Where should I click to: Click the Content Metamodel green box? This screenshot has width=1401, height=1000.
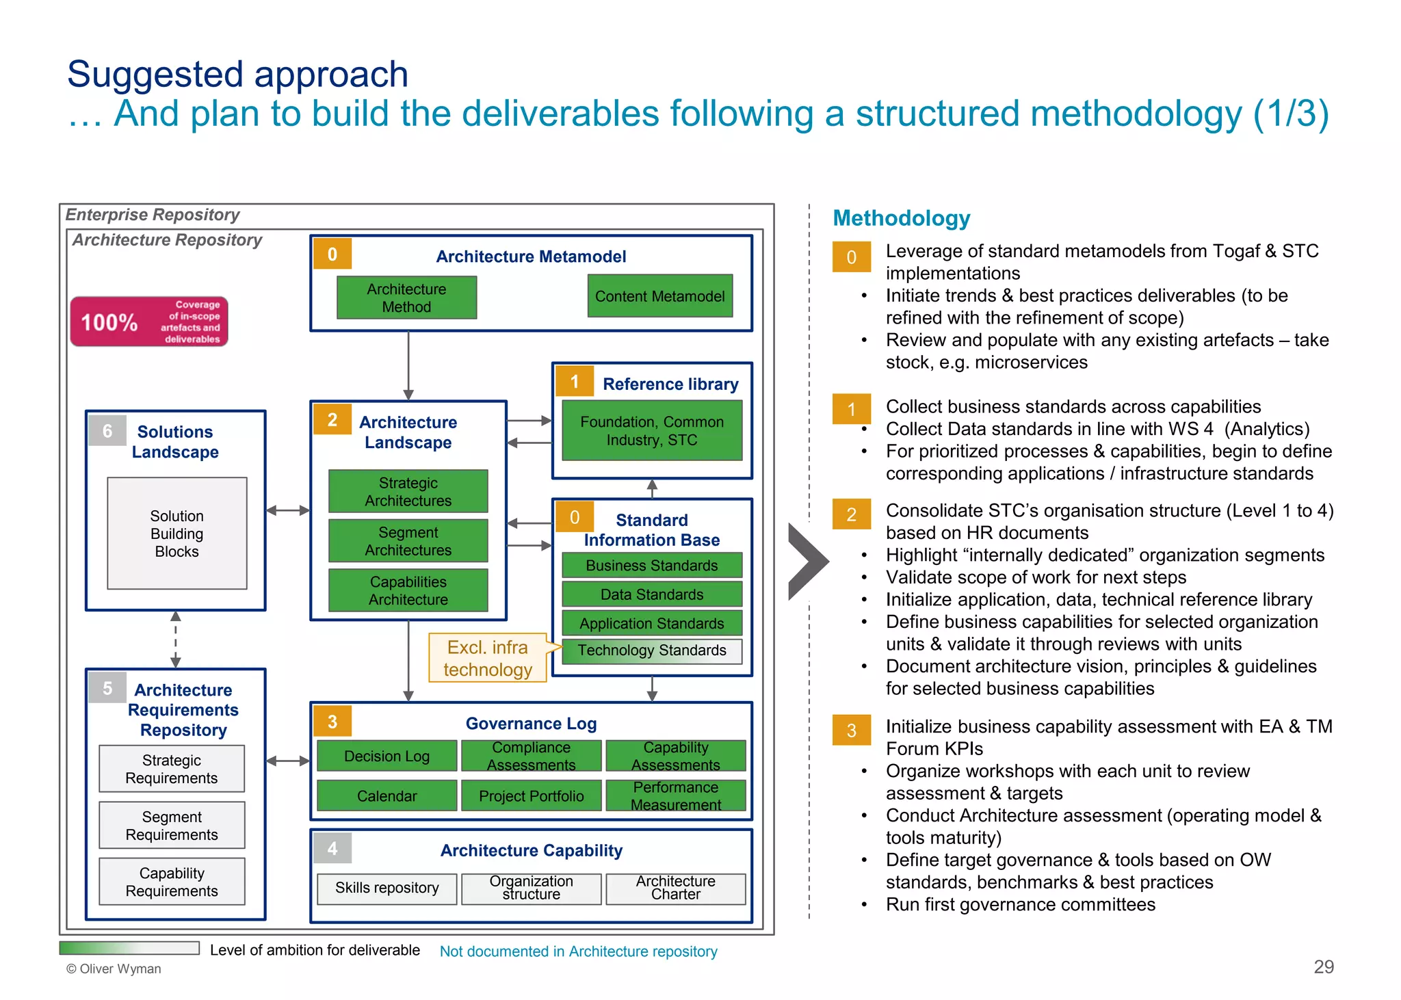pos(659,296)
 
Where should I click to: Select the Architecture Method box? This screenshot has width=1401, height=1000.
pos(406,298)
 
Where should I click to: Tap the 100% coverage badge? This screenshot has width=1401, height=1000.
pos(149,321)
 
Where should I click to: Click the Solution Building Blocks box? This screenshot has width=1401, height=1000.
pos(176,534)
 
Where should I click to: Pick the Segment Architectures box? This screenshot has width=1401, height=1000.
pos(408,541)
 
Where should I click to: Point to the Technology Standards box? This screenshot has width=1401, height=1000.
pos(651,650)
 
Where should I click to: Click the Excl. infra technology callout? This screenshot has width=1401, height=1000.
pos(487,658)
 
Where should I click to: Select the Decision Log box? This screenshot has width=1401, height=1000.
pos(387,756)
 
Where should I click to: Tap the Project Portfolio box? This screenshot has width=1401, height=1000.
pos(531,795)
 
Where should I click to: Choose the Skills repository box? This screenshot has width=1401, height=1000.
pos(387,888)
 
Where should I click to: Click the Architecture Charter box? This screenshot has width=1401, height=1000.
pos(675,888)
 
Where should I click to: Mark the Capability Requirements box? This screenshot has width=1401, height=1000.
pos(172,882)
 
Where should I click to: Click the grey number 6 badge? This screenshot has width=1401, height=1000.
pos(107,431)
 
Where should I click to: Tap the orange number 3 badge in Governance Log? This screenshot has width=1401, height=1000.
pos(332,722)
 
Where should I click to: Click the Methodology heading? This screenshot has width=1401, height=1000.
pos(901,218)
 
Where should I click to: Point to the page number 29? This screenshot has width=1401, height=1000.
pos(1323,966)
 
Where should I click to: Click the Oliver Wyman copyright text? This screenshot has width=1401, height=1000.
pos(114,969)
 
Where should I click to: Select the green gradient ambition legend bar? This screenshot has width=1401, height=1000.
pos(129,948)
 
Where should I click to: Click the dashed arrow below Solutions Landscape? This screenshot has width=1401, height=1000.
pos(176,640)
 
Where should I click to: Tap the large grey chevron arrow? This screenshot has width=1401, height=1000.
pos(807,562)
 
